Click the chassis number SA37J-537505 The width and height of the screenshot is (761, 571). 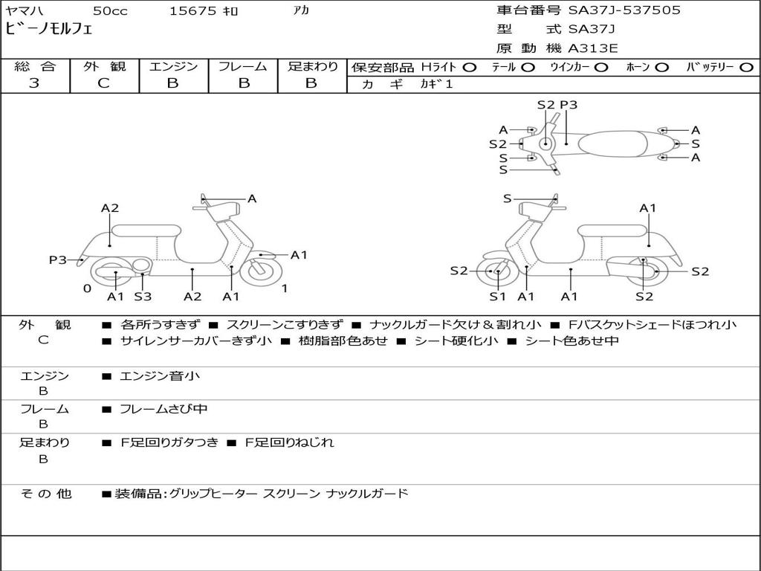click(x=624, y=10)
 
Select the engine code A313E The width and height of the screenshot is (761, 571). click(x=593, y=49)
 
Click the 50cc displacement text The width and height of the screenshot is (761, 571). click(x=110, y=10)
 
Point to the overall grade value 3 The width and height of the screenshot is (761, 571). click(x=34, y=83)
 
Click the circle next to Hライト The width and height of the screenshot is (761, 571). click(x=470, y=67)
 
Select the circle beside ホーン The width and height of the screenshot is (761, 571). click(x=661, y=67)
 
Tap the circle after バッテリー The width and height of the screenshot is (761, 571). click(x=746, y=67)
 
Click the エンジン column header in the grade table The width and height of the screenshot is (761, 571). click(x=173, y=66)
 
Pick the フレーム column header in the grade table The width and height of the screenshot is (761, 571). click(x=243, y=66)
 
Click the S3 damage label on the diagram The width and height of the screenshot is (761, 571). click(x=143, y=297)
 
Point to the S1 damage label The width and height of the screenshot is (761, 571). click(x=497, y=297)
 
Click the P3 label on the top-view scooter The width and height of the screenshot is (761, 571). click(x=569, y=105)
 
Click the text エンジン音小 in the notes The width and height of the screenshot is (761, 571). click(x=160, y=376)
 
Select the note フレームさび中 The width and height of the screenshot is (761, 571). click(x=163, y=409)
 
